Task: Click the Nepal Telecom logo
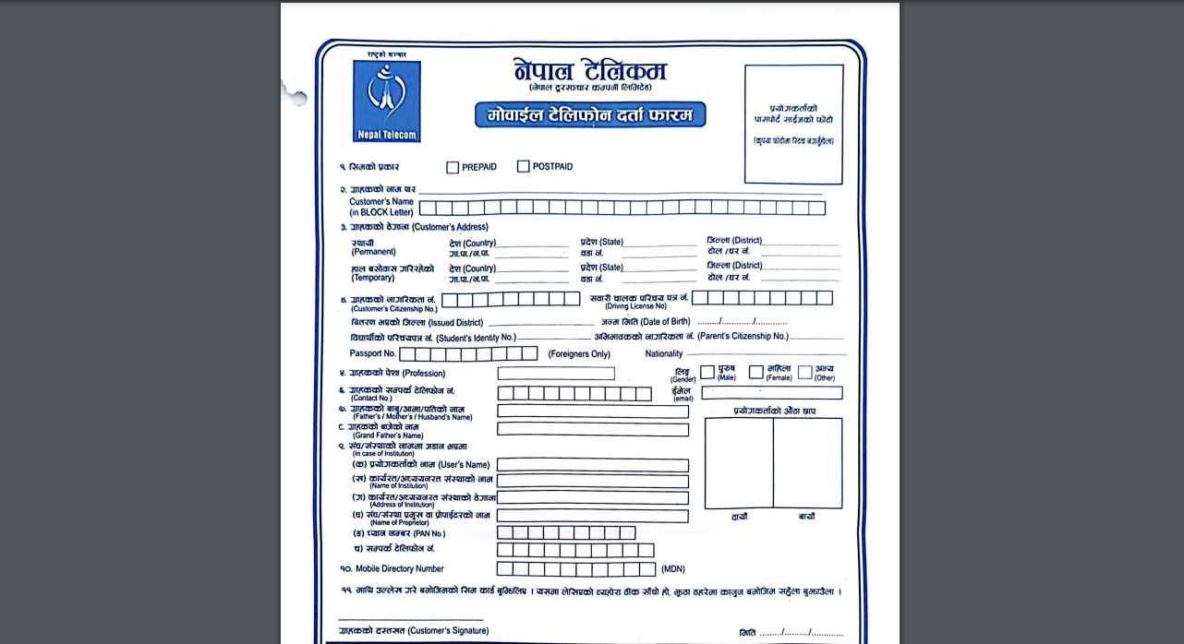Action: pyautogui.click(x=386, y=101)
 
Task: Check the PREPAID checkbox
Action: pyautogui.click(x=453, y=167)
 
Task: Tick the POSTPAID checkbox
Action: pyautogui.click(x=524, y=166)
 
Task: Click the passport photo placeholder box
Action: pyautogui.click(x=793, y=124)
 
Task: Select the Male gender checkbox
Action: pyautogui.click(x=707, y=372)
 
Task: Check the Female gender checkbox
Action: pyautogui.click(x=755, y=372)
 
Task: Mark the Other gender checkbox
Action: pyautogui.click(x=804, y=372)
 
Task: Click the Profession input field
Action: pyautogui.click(x=555, y=374)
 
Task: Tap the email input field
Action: pyautogui.click(x=771, y=393)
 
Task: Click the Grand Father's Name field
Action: pyautogui.click(x=592, y=429)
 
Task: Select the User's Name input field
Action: pyautogui.click(x=592, y=465)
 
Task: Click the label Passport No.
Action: pyautogui.click(x=372, y=353)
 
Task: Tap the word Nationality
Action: pyautogui.click(x=664, y=353)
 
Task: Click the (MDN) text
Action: pyautogui.click(x=673, y=569)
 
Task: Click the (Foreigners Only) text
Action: pyautogui.click(x=579, y=354)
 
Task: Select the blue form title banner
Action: pyautogui.click(x=590, y=115)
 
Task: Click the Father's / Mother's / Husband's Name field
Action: pyautogui.click(x=592, y=411)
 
